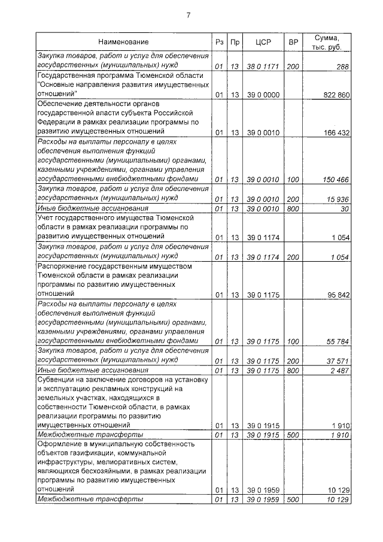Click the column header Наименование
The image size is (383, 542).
[x=124, y=42]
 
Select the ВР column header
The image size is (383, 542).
[x=293, y=42]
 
